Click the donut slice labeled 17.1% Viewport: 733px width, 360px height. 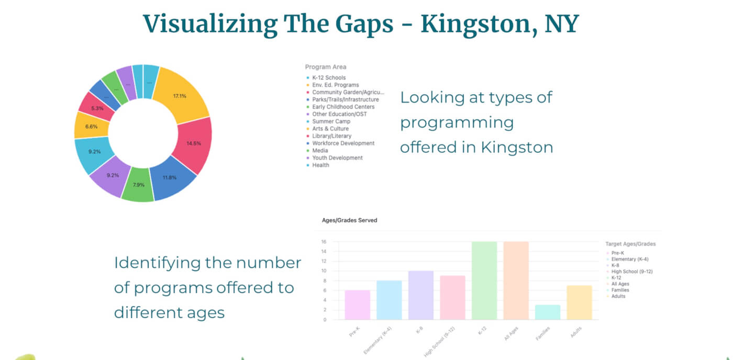pos(180,96)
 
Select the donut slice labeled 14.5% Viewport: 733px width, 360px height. pos(193,143)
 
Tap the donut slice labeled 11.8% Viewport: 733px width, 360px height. pos(169,177)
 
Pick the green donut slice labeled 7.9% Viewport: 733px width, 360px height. pos(138,184)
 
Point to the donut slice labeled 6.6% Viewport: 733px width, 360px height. pos(92,126)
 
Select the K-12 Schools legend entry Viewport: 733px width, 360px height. pos(329,78)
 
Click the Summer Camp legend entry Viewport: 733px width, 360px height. pos(331,121)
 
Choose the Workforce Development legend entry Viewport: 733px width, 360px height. pos(343,143)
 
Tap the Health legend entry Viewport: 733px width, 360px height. pos(320,165)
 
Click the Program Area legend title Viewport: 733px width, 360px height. pos(325,67)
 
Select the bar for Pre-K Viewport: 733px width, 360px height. pos(358,305)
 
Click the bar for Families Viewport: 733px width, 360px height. pos(548,312)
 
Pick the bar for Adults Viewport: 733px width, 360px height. pos(579,302)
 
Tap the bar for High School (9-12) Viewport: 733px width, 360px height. pos(453,298)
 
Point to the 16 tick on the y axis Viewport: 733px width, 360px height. pos(324,242)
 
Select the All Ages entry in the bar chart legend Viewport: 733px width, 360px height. pos(620,284)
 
